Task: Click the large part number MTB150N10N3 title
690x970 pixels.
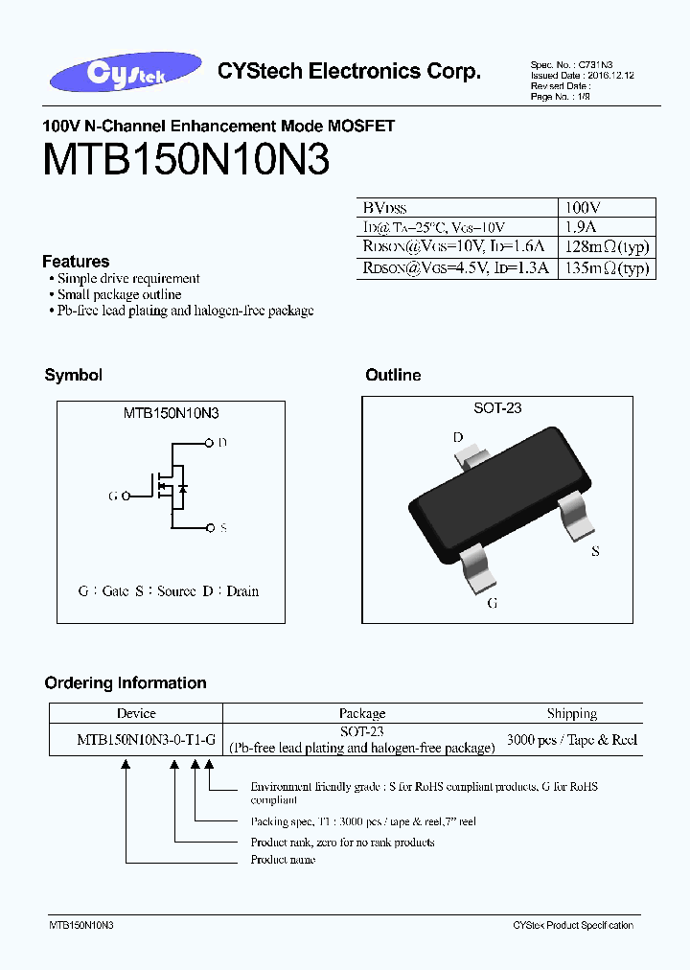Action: point(186,161)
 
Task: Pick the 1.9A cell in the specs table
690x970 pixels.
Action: point(581,227)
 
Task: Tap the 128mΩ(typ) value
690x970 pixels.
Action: point(606,248)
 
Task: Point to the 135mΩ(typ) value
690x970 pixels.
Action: point(606,268)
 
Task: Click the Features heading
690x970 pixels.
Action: point(76,262)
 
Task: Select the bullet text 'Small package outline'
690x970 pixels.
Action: point(119,295)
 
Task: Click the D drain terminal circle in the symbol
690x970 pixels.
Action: point(210,443)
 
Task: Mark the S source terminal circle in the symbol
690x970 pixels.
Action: point(210,527)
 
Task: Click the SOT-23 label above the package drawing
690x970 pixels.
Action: point(497,408)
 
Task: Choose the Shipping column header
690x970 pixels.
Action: point(571,713)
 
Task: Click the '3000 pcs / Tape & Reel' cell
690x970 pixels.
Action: point(571,740)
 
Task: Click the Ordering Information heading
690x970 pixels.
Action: point(126,683)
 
